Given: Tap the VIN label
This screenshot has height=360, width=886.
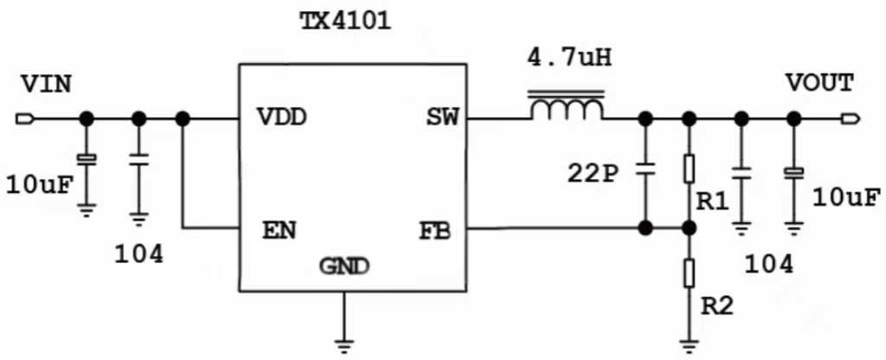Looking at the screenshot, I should point(46,84).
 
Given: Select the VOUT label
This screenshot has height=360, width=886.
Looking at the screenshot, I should point(819,83).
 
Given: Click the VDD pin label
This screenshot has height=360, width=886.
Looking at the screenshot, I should point(282,118).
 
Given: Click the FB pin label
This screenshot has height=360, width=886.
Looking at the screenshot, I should point(435,231).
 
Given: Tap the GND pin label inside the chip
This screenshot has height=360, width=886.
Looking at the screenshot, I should point(344,266).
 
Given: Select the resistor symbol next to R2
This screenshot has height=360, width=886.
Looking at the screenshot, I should point(689,273).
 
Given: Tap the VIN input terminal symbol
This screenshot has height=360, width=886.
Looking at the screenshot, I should point(23,118).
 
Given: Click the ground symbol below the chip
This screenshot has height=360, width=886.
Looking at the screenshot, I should point(344,345).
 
